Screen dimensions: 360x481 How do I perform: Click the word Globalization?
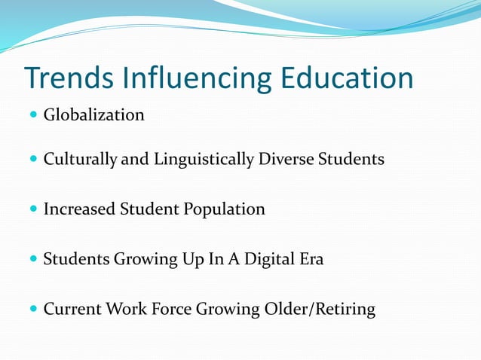tap(93, 115)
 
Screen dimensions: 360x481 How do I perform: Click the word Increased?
tap(79, 209)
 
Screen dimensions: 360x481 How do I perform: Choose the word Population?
tap(224, 209)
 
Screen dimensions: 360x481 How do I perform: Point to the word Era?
tap(312, 260)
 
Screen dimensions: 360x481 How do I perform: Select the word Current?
tap(73, 310)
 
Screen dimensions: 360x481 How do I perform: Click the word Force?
tap(173, 310)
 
